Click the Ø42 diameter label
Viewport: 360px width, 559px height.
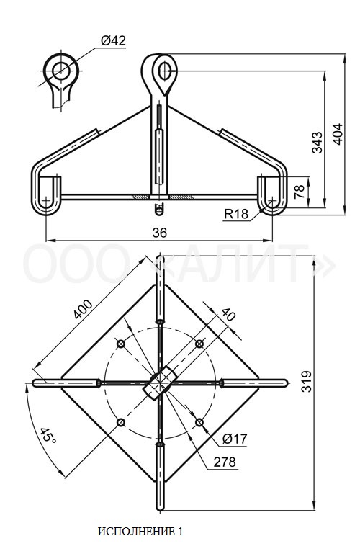click(113, 40)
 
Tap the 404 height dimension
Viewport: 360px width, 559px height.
click(338, 134)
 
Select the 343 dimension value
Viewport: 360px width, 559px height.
click(317, 142)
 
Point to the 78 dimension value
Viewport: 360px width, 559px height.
click(300, 192)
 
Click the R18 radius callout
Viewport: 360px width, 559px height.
click(236, 213)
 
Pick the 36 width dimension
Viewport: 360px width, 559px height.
click(159, 233)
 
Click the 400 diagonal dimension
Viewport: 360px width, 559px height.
click(83, 309)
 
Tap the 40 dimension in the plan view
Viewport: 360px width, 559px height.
click(228, 314)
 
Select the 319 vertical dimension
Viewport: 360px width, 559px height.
click(306, 381)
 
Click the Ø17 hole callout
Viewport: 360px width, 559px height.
click(235, 439)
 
